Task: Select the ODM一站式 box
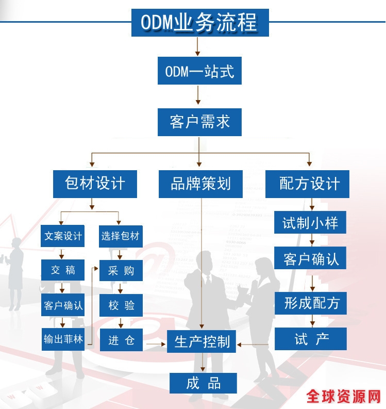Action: pos(199,71)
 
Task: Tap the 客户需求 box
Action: pos(199,122)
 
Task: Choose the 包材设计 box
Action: pos(95,184)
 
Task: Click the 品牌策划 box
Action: pos(200,184)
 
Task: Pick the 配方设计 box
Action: pos(307,184)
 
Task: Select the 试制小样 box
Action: pos(310,222)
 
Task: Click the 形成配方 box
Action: pos(310,303)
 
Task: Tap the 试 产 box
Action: pos(310,339)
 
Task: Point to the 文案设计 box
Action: pos(62,236)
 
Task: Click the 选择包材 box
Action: pos(120,236)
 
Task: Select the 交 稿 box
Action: pos(62,270)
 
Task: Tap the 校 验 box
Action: pos(120,305)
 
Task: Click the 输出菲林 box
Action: pos(62,339)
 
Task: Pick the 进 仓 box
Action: pos(120,340)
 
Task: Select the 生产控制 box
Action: pos(202,341)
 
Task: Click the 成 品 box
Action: pos(203,383)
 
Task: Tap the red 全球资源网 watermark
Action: pos(343,396)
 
